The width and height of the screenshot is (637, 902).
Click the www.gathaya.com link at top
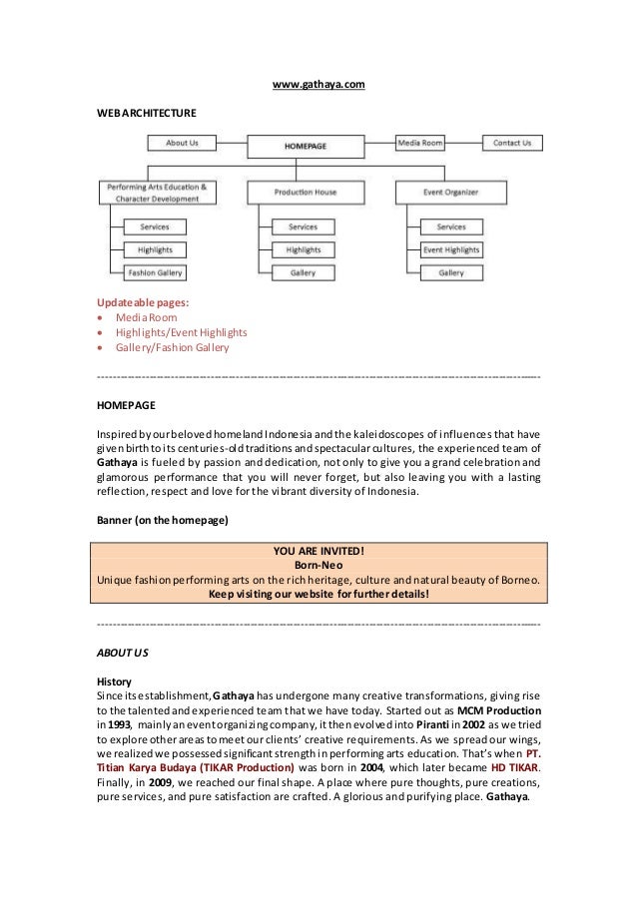point(319,87)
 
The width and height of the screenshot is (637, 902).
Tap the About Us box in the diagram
point(182,143)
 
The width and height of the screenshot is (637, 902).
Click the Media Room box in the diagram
point(421,143)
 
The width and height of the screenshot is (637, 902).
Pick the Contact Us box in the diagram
point(512,143)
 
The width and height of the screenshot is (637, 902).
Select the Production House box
point(305,192)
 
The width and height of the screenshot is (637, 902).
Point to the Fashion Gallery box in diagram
point(154,272)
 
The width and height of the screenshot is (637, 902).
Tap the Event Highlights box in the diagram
point(451,249)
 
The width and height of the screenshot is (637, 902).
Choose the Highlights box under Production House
point(303,249)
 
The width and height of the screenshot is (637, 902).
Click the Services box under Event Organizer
point(451,226)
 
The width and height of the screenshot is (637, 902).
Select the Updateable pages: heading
point(141,301)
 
